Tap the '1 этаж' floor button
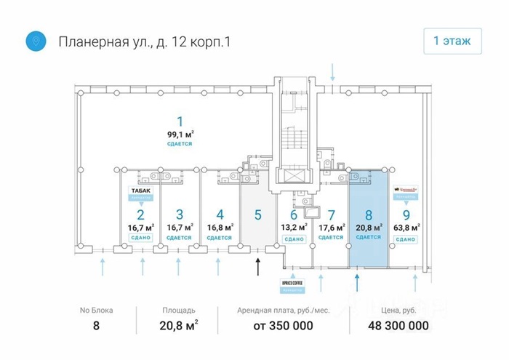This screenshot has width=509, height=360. click(452, 41)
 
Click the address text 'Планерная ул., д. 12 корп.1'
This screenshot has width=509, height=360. click(144, 41)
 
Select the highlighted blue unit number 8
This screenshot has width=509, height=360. click(369, 215)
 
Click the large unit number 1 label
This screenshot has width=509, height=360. click(180, 121)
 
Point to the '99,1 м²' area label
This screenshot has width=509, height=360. click(180, 134)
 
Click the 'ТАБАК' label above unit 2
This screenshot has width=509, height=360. click(141, 190)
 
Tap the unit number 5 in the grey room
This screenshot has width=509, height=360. click(257, 215)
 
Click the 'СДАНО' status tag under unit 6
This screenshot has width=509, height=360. click(294, 239)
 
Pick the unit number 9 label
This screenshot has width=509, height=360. click(406, 215)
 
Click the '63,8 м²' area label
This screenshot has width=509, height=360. click(406, 227)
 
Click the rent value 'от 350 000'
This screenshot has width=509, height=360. click(283, 326)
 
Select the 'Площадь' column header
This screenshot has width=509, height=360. click(179, 311)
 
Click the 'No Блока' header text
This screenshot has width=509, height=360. click(96, 311)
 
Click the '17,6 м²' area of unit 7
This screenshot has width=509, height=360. click(331, 227)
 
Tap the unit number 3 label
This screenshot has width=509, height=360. click(180, 215)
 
